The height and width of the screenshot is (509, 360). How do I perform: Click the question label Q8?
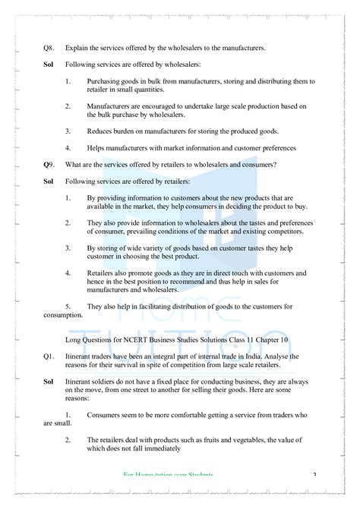click(x=49, y=48)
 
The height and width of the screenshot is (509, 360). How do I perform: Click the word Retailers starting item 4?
click(x=103, y=272)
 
